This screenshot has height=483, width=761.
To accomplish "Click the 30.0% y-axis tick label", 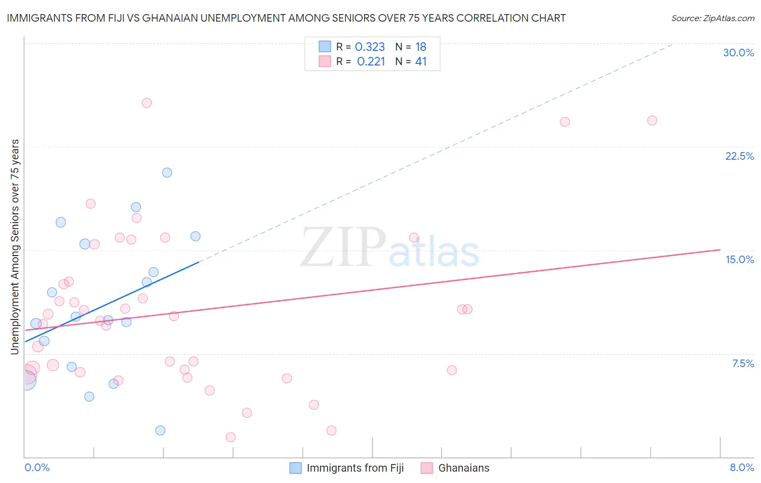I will pos(738,53).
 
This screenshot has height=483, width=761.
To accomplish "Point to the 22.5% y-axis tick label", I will pos(739,156).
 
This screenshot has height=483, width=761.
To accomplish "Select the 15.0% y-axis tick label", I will pos(739,259).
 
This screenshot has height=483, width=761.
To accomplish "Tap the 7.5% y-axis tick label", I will pos(743,363).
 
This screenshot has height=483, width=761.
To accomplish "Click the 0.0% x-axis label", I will pos(37,467).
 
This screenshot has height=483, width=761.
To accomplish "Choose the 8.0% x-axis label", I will pos(742,467).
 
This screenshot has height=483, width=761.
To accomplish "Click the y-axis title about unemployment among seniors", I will pos(15,247).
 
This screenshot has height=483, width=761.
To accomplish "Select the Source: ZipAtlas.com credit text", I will pos(712,18).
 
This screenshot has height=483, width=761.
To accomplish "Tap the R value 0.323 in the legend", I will pos(370,47).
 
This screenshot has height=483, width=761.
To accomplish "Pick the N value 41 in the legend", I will pos(421,62).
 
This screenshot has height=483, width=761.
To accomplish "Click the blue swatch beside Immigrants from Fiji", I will pos(295,468).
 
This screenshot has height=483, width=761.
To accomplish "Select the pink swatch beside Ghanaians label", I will pos(427,468).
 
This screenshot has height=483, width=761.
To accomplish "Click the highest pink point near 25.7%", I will pos(147,103).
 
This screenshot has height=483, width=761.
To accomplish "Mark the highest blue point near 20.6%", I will pos(167,173).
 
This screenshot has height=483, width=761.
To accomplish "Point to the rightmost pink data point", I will pos(652,120).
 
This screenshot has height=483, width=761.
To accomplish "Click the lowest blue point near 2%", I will pos(160,430).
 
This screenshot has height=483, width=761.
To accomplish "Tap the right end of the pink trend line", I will pos(720,250).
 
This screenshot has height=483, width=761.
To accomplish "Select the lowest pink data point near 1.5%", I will pos(231,437).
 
